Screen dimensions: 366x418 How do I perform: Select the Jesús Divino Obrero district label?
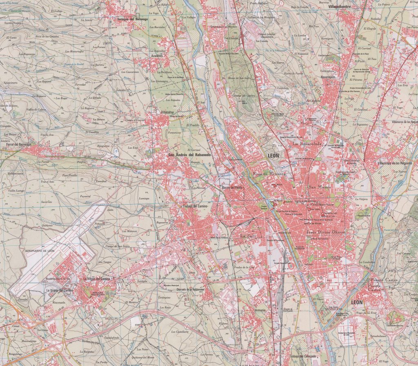tap(325, 232)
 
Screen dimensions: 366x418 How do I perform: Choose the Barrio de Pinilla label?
tap(233, 187)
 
